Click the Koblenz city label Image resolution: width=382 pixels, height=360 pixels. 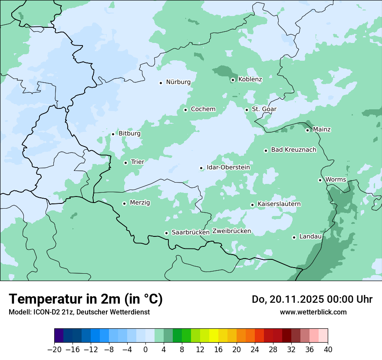tap(250, 79)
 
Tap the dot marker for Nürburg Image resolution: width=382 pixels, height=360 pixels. tap(161, 83)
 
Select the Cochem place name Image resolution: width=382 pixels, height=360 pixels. tap(203, 109)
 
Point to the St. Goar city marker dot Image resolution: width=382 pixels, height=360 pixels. tap(247, 110)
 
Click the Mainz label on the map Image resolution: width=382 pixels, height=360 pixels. tap(322, 130)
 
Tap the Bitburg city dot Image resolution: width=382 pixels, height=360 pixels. tap(113, 134)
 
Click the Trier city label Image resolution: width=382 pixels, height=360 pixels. tap(138, 162)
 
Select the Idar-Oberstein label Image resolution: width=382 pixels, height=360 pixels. tap(228, 167)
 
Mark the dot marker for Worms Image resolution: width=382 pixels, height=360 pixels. tap(320, 180)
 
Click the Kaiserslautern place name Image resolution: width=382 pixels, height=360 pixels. tap(279, 204)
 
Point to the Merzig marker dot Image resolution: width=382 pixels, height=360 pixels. tap(124, 203)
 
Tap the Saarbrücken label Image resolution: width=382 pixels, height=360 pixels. tap(191, 232)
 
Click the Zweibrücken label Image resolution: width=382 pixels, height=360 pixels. tap(231, 231)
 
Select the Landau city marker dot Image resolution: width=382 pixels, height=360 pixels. tap(294, 237)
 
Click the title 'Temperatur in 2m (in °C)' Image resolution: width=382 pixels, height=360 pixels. tap(86, 299)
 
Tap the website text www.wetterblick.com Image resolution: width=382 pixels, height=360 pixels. tap(313, 312)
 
